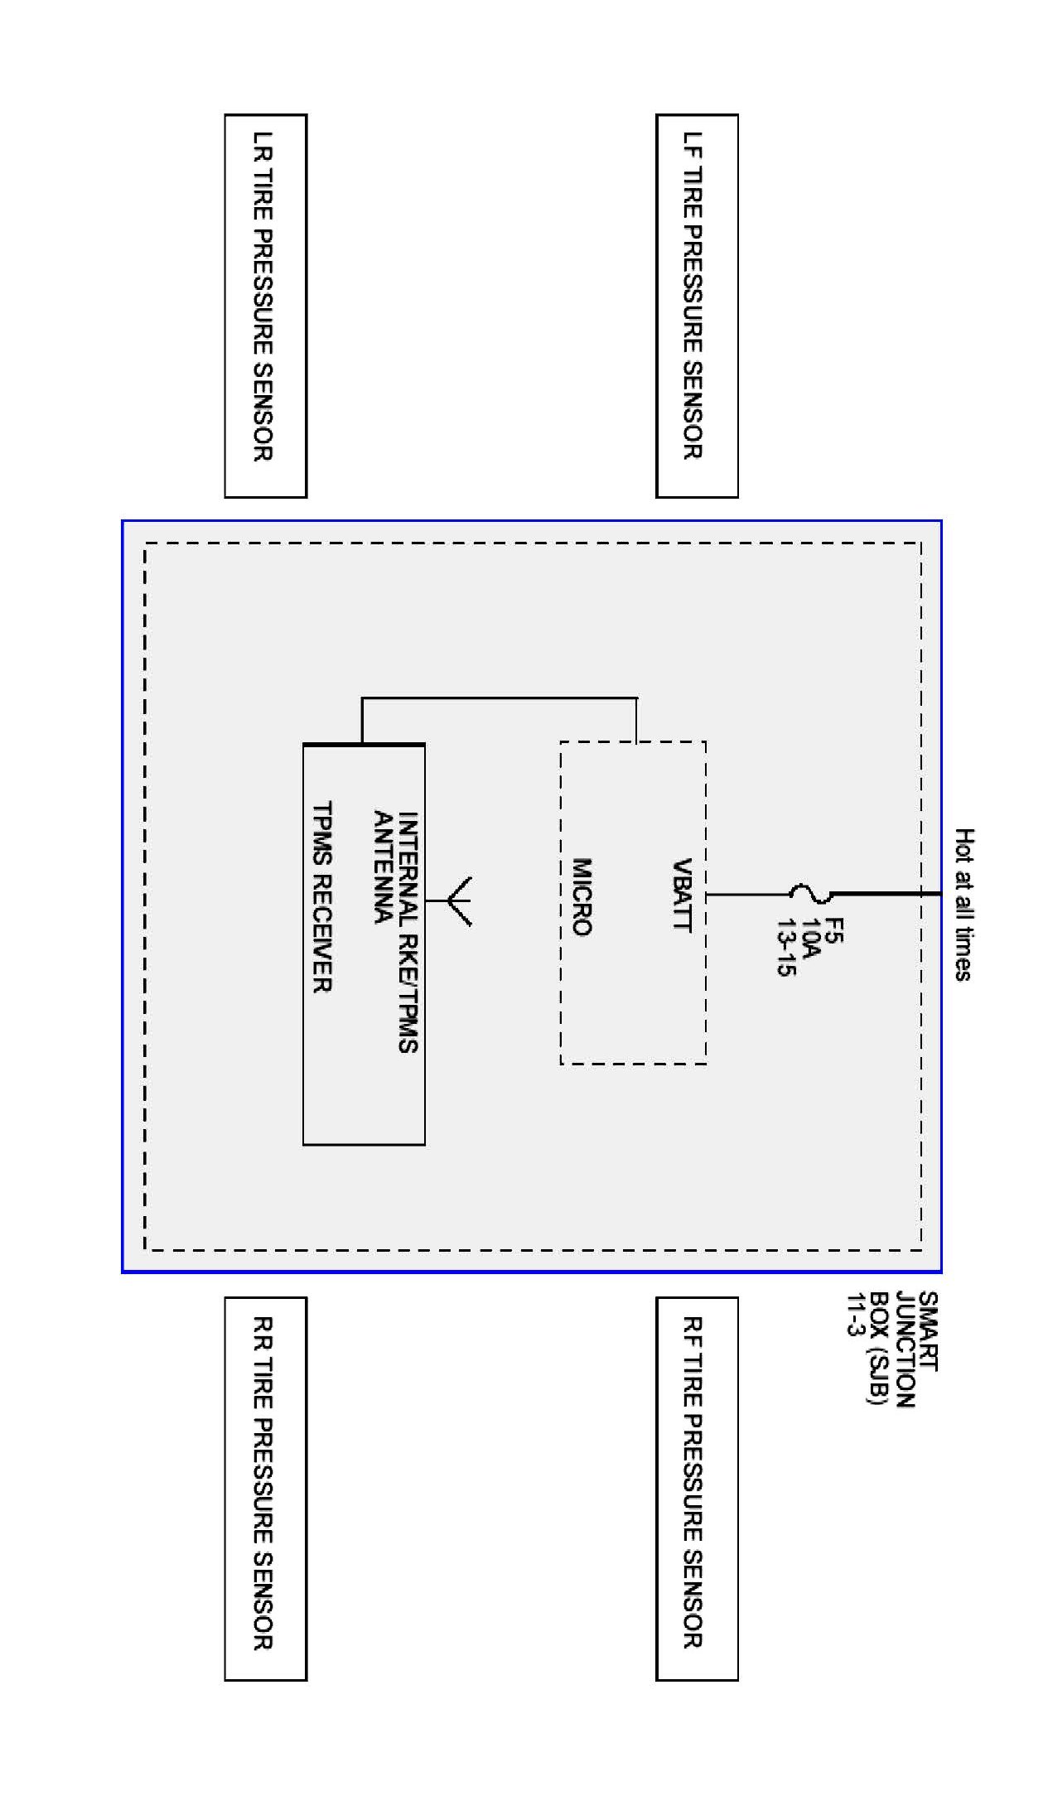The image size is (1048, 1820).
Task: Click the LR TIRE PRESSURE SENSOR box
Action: [x=265, y=306]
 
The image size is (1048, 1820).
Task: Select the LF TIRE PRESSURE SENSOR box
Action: [x=696, y=306]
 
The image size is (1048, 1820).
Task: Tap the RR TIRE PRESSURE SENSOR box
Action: [x=265, y=1489]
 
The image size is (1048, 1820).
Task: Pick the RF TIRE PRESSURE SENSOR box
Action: [x=696, y=1489]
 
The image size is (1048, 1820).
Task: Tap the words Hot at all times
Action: [x=963, y=904]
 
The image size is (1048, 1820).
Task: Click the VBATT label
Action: [x=682, y=895]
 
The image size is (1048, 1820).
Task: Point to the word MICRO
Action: [x=582, y=896]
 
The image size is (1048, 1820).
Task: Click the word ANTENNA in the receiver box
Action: [x=383, y=867]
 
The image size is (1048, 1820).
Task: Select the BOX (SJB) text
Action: [x=878, y=1348]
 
